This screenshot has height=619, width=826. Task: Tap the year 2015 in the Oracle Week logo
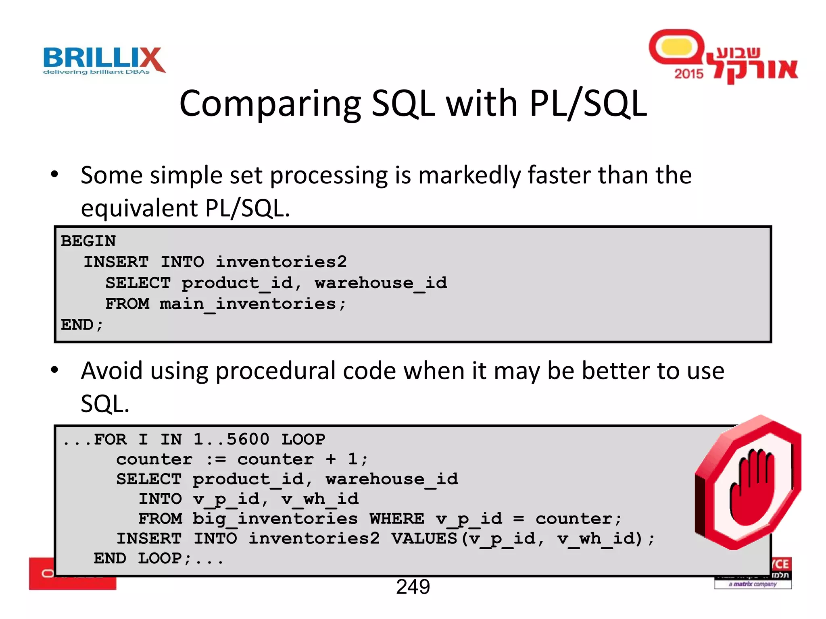(688, 74)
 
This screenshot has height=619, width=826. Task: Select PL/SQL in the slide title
(588, 104)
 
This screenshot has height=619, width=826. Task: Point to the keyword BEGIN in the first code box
(88, 241)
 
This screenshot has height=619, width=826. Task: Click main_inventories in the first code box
(248, 304)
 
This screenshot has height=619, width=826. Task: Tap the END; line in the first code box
(82, 325)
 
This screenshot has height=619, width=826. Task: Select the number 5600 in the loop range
(248, 439)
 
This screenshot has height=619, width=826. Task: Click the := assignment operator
(216, 459)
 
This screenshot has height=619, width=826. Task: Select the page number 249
(413, 587)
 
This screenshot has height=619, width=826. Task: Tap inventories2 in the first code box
(281, 262)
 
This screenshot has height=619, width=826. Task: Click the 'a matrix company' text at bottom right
(753, 584)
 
